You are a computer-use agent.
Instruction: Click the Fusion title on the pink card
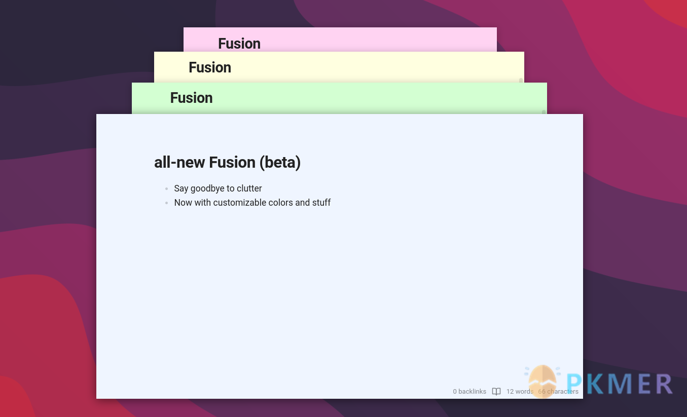point(239,44)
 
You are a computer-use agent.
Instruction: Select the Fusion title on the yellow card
point(209,67)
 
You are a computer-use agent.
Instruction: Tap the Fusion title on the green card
point(191,98)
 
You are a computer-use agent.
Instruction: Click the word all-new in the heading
point(179,163)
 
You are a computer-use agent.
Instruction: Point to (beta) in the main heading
point(280,163)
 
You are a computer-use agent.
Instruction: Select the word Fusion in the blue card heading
point(232,163)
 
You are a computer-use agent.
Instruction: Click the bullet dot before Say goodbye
point(166,189)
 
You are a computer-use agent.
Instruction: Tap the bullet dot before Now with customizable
point(166,203)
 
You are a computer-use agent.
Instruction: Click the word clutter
point(249,188)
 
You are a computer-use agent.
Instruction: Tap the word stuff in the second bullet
point(321,203)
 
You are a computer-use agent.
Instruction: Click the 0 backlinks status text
point(469,392)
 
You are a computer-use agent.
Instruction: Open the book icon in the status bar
point(496,392)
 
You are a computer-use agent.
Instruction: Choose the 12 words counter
point(520,392)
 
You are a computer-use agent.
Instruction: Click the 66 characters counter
point(558,392)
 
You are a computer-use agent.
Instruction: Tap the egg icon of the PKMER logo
point(543,381)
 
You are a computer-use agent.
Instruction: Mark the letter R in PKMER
point(663,384)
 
